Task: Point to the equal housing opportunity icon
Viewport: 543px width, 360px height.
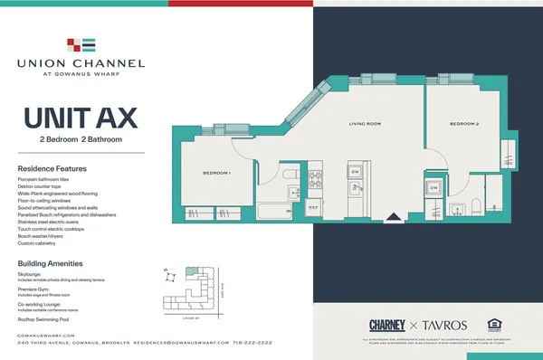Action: pos(494,324)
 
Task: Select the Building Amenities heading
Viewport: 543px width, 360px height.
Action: pos(52,263)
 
